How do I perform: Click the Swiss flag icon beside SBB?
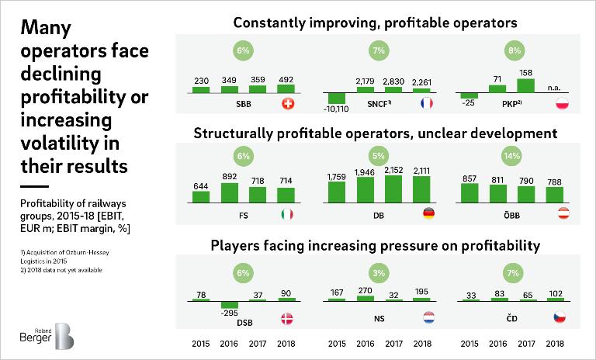pos(287,104)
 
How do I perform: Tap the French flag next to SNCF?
pos(424,104)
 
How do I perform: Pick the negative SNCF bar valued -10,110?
pos(336,99)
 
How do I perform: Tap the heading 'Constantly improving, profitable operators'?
pos(376,22)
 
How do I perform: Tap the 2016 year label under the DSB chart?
pos(229,343)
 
